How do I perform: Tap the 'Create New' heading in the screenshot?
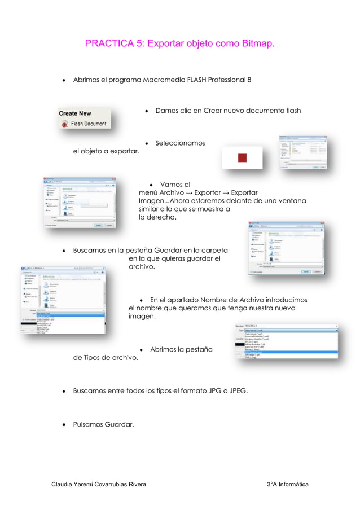tap(75, 113)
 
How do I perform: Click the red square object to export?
tap(242, 157)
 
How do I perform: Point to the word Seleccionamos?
tap(180, 143)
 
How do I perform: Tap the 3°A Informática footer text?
tap(287, 485)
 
